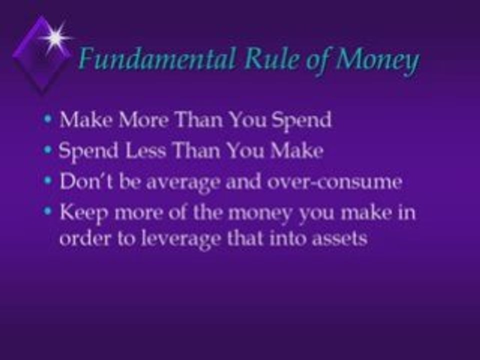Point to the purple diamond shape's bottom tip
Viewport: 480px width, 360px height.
tap(42, 93)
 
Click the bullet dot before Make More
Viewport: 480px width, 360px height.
tap(47, 119)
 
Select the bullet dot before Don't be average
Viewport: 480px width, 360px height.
tap(47, 180)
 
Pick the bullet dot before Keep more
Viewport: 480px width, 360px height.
tap(47, 211)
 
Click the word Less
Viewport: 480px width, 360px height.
tap(145, 150)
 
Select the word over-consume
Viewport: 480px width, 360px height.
tap(334, 182)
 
